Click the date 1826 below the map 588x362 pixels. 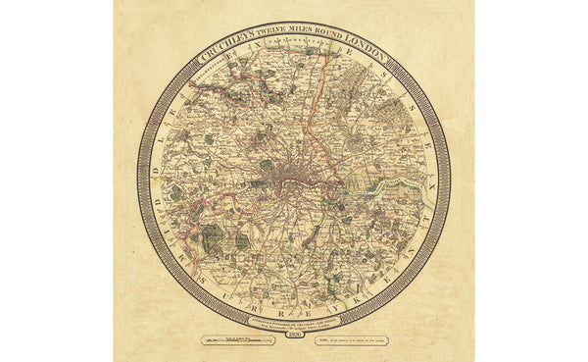[x=293, y=338]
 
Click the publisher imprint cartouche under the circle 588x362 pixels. [x=294, y=323]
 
